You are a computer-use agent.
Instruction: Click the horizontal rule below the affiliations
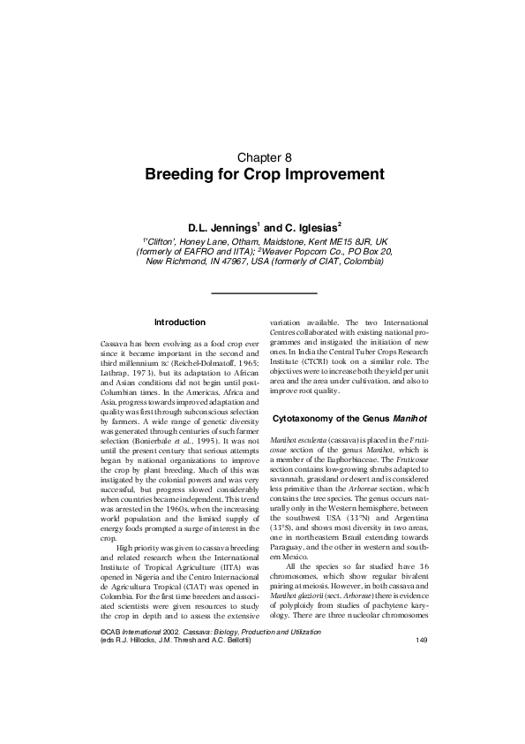[x=262, y=292]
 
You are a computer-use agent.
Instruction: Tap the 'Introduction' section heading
[x=179, y=323]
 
